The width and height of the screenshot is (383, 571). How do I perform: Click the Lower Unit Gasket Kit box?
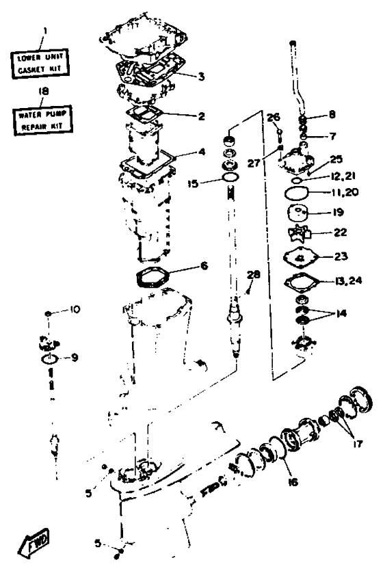click(39, 63)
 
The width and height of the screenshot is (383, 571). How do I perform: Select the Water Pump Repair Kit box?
click(43, 120)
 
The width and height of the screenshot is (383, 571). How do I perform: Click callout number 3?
click(201, 77)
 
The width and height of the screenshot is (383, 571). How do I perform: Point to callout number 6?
click(204, 266)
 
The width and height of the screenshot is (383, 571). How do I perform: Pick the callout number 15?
click(193, 183)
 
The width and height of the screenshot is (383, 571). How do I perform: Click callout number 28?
click(254, 274)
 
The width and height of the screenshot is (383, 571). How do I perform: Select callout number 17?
click(358, 444)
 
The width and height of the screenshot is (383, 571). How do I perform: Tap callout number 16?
click(293, 482)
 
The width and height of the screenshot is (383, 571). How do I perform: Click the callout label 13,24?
click(348, 281)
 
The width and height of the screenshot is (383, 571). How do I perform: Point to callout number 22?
click(341, 232)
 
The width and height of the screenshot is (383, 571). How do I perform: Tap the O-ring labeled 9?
click(49, 359)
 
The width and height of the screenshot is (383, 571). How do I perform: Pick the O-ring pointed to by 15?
click(230, 178)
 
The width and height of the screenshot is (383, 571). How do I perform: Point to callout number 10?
click(75, 310)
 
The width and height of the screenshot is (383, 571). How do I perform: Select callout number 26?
click(274, 117)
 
